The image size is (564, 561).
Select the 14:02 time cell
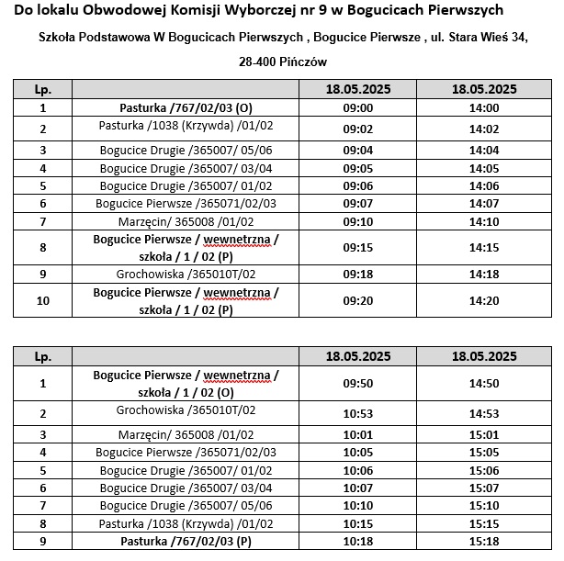point(483,129)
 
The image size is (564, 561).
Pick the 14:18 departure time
point(483,274)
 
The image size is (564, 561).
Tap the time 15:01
point(483,435)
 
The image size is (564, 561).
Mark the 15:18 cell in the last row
point(483,541)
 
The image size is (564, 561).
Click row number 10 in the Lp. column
point(42,300)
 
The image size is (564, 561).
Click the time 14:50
point(483,383)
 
